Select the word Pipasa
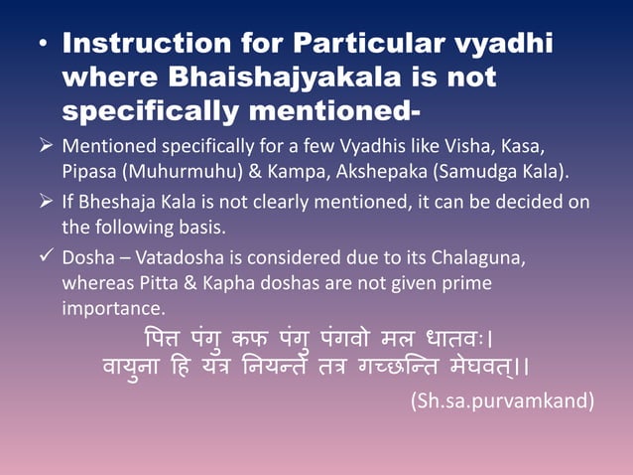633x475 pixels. point(91,171)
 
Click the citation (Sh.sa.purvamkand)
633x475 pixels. point(501,401)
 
